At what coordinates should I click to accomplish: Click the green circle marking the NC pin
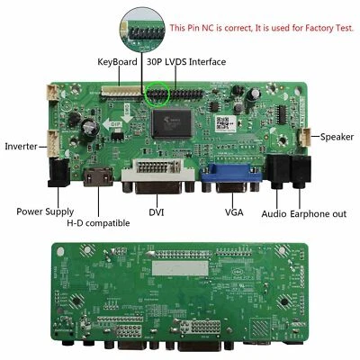[x=161, y=93]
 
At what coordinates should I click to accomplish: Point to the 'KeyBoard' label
[x=117, y=62]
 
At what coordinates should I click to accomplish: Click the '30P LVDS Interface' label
[x=188, y=62]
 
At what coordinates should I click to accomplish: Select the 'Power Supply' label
[x=46, y=212]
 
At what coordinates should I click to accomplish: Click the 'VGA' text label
[x=235, y=212]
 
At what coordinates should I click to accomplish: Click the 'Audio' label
[x=274, y=215]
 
